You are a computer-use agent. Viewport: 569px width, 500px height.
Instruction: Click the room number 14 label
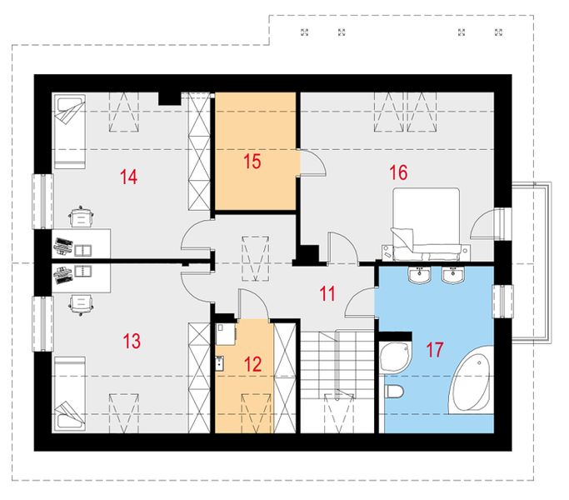129,177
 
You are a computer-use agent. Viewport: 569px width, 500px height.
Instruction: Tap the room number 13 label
132,341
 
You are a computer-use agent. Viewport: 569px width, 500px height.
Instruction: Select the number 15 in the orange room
252,162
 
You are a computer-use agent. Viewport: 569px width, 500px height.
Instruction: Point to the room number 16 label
398,172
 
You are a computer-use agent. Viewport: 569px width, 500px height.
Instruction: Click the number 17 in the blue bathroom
435,350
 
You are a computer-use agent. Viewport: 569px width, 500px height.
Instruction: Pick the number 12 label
252,364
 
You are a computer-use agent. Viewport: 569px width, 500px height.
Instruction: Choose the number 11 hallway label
327,293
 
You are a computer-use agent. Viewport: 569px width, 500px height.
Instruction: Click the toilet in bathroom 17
394,392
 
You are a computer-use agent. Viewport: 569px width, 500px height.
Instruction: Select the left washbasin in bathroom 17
420,274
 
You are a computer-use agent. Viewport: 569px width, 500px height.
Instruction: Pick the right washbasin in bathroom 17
453,274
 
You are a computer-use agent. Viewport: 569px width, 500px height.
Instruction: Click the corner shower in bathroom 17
396,357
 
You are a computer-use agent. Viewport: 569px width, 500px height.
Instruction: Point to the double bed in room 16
427,224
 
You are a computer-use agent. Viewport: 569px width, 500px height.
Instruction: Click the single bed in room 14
70,132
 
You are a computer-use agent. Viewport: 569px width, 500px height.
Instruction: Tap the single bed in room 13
70,394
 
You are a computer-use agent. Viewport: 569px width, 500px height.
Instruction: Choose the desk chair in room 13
82,304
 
